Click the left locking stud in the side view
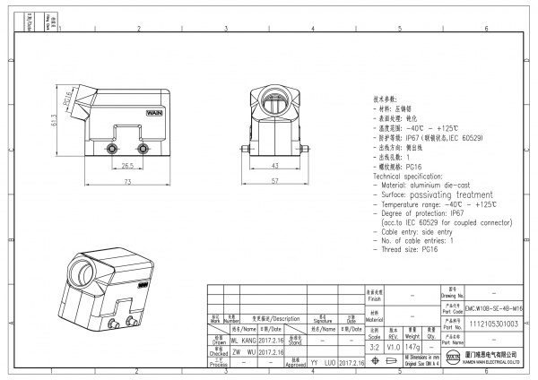114,148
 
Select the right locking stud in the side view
143,148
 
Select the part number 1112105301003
494,324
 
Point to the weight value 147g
412,345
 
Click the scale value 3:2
373,345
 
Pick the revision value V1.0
393,345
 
